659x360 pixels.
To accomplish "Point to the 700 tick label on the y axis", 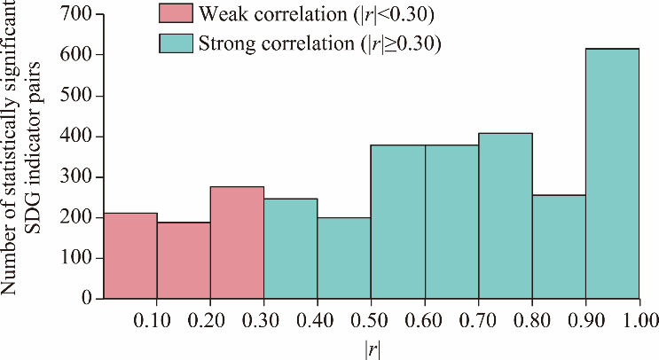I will pos(77,14).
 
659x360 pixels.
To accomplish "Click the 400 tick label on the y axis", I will pos(77,137).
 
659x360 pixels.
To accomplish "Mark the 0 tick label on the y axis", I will pos(86,299).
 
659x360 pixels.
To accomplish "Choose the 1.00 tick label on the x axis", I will pos(639,318).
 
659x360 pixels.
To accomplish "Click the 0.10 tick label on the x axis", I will pos(157,318).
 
